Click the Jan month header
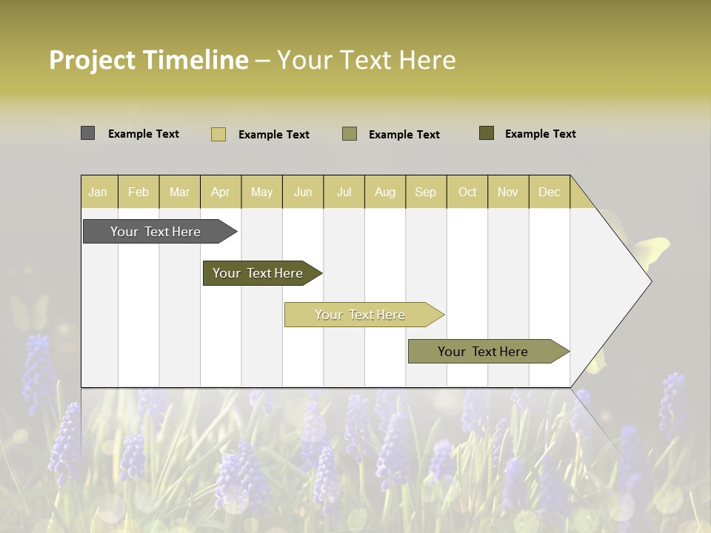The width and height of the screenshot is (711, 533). [x=98, y=192]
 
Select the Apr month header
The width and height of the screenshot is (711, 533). [x=221, y=192]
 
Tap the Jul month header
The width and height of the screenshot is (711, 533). [x=344, y=192]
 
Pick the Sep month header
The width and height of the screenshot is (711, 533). [x=425, y=192]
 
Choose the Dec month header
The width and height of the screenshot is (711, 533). [x=549, y=192]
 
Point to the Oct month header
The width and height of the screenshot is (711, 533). [x=467, y=192]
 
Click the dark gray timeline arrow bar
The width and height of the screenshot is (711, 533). [x=156, y=232]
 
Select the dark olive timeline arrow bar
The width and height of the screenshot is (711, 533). [x=258, y=273]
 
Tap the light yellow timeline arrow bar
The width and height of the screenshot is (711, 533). [x=360, y=315]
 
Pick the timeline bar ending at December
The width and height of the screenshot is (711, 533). [x=483, y=352]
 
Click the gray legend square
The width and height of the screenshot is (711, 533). [x=87, y=133]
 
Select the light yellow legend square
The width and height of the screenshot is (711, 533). [x=218, y=134]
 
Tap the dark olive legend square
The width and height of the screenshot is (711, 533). [x=486, y=133]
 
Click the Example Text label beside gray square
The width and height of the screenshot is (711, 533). [x=144, y=134]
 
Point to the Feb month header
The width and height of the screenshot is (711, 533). [x=138, y=192]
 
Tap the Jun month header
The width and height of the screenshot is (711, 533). [x=303, y=192]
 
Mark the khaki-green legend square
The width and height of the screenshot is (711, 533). [x=350, y=134]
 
